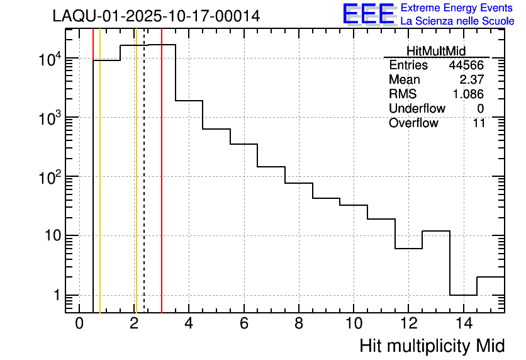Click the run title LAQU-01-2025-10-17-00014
pyautogui.click(x=156, y=16)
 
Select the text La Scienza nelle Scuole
pyautogui.click(x=457, y=21)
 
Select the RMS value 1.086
pyautogui.click(x=468, y=94)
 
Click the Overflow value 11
pyautogui.click(x=479, y=123)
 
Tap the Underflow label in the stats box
pyautogui.click(x=417, y=109)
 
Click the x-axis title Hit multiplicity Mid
pyautogui.click(x=432, y=346)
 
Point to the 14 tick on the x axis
pyautogui.click(x=463, y=323)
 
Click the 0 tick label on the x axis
pyautogui.click(x=79, y=323)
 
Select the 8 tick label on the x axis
pyautogui.click(x=299, y=323)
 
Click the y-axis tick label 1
pyautogui.click(x=55, y=295)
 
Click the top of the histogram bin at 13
pyautogui.click(x=436, y=231)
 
